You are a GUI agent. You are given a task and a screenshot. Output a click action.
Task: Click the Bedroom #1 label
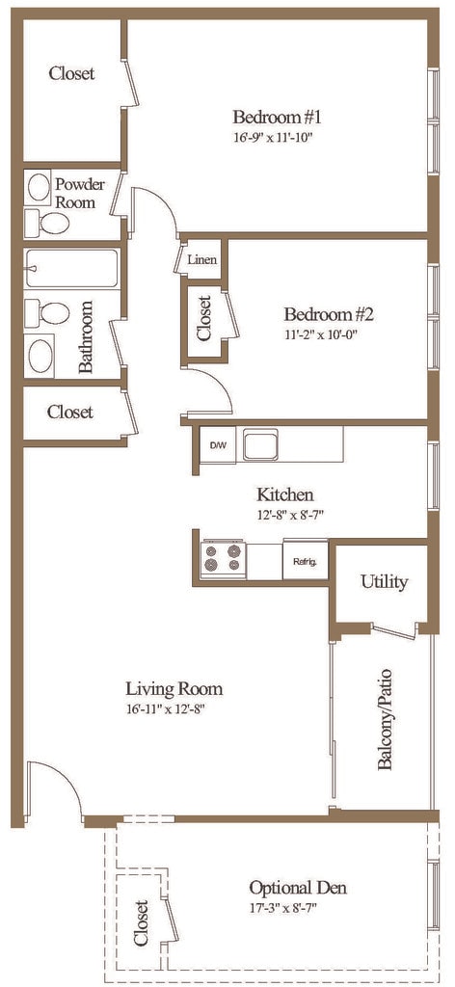coord(278,117)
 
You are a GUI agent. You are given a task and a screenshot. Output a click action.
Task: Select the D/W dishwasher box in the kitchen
coord(217,445)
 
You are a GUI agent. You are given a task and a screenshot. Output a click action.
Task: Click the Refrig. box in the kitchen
coord(306,560)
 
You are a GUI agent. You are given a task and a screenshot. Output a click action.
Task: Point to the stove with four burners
coord(223,558)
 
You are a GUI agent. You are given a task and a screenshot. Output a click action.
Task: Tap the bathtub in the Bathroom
coord(71,269)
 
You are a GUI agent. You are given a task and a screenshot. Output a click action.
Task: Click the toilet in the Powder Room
coord(47,223)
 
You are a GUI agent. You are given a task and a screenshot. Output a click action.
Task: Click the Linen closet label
coord(202,259)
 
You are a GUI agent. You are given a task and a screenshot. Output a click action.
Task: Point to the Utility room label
coord(384,581)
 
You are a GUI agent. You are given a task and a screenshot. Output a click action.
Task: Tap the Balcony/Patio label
coord(385,719)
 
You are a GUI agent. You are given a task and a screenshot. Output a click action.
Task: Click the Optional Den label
coord(298,888)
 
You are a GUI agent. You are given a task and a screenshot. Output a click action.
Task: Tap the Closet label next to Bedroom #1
coord(71,73)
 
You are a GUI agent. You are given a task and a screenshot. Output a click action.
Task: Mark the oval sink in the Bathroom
coord(40,355)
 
